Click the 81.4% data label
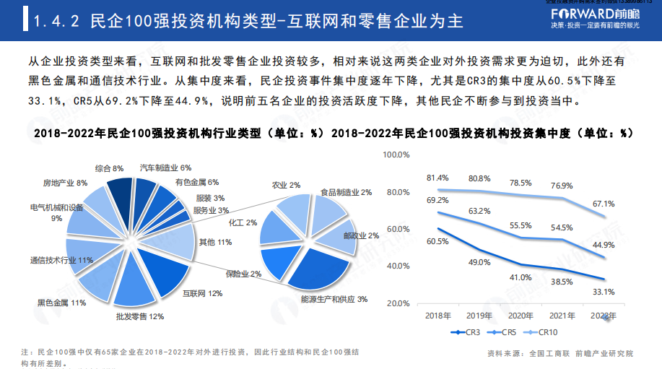pos(437,178)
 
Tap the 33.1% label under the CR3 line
pos(604,292)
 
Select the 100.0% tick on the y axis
pos(396,155)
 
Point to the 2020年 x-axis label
pos(519,316)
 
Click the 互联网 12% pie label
pos(203,294)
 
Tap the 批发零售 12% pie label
pos(140,316)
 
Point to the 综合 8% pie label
pos(109,168)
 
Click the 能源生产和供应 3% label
pos(328,299)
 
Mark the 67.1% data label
pos(604,204)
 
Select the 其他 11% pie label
pos(215,242)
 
